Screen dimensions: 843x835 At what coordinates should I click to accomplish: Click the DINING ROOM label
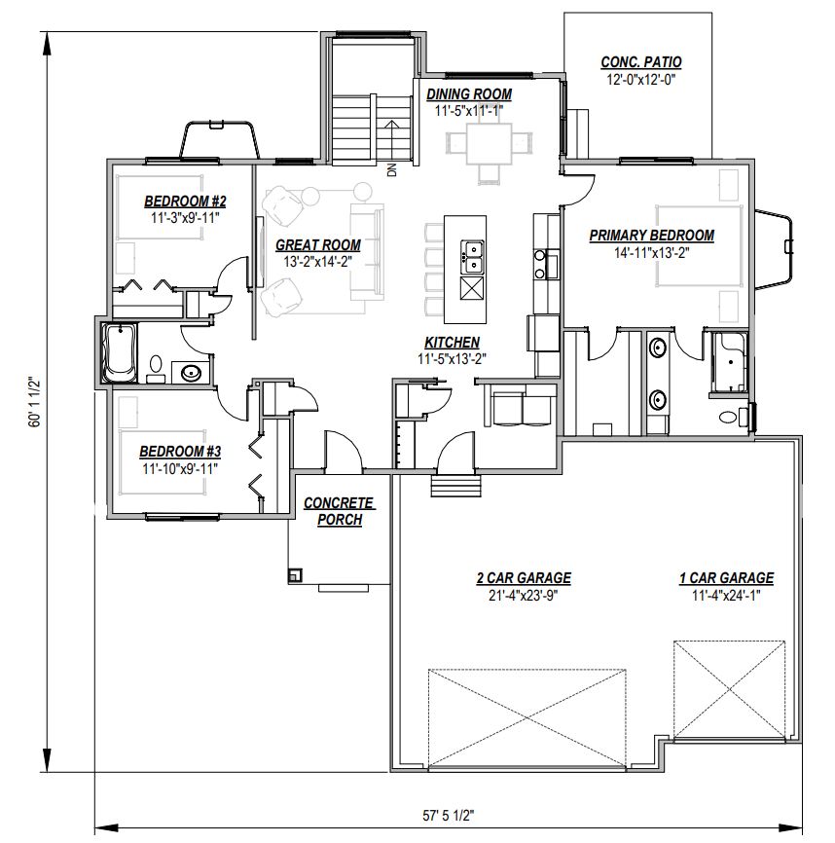tap(468, 94)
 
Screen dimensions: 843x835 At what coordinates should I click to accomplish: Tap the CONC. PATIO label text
tap(640, 62)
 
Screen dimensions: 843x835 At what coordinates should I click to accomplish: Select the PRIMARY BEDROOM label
tap(651, 236)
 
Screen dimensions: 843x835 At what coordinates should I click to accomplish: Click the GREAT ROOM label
tap(317, 245)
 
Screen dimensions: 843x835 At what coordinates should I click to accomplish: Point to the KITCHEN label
tap(452, 343)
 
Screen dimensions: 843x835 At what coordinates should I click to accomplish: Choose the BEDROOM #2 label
tap(185, 202)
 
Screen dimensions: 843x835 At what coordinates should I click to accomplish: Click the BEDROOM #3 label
tap(180, 452)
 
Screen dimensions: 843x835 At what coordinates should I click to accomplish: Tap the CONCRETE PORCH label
tap(339, 511)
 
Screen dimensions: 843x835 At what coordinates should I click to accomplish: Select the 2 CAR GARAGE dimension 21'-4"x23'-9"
tap(523, 595)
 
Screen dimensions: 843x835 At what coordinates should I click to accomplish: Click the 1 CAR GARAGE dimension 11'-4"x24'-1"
tap(726, 595)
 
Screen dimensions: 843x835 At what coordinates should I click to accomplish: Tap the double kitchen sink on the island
tap(472, 256)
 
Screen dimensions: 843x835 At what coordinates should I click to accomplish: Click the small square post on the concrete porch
tap(294, 575)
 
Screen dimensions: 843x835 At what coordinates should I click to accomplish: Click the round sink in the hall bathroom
tap(192, 373)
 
